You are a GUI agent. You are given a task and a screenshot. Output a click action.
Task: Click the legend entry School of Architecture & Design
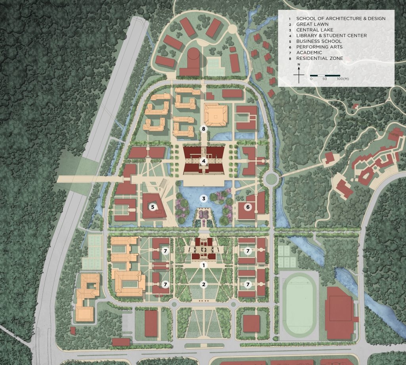tap(341, 18)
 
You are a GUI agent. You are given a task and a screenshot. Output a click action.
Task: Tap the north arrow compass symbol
tap(299, 74)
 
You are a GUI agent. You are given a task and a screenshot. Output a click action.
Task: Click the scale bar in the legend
tap(325, 75)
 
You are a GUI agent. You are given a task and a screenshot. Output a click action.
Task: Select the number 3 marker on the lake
tap(203, 198)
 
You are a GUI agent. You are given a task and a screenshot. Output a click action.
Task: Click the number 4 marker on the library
tap(203, 161)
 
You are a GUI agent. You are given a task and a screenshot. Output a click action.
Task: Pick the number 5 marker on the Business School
tap(152, 206)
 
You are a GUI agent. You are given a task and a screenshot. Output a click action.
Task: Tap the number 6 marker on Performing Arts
tap(248, 206)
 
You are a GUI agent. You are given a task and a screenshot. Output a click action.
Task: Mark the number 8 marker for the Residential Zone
tap(203, 129)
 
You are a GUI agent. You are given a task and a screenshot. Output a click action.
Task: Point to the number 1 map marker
tap(203, 265)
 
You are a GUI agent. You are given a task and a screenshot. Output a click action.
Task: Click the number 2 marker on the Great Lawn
tap(203, 284)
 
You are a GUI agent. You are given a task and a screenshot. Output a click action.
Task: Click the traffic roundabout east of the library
tap(272, 177)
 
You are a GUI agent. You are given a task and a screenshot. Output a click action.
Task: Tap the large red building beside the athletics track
tap(339, 313)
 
